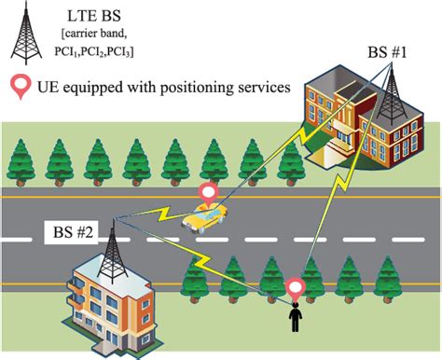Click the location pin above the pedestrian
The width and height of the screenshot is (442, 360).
click(297, 286)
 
